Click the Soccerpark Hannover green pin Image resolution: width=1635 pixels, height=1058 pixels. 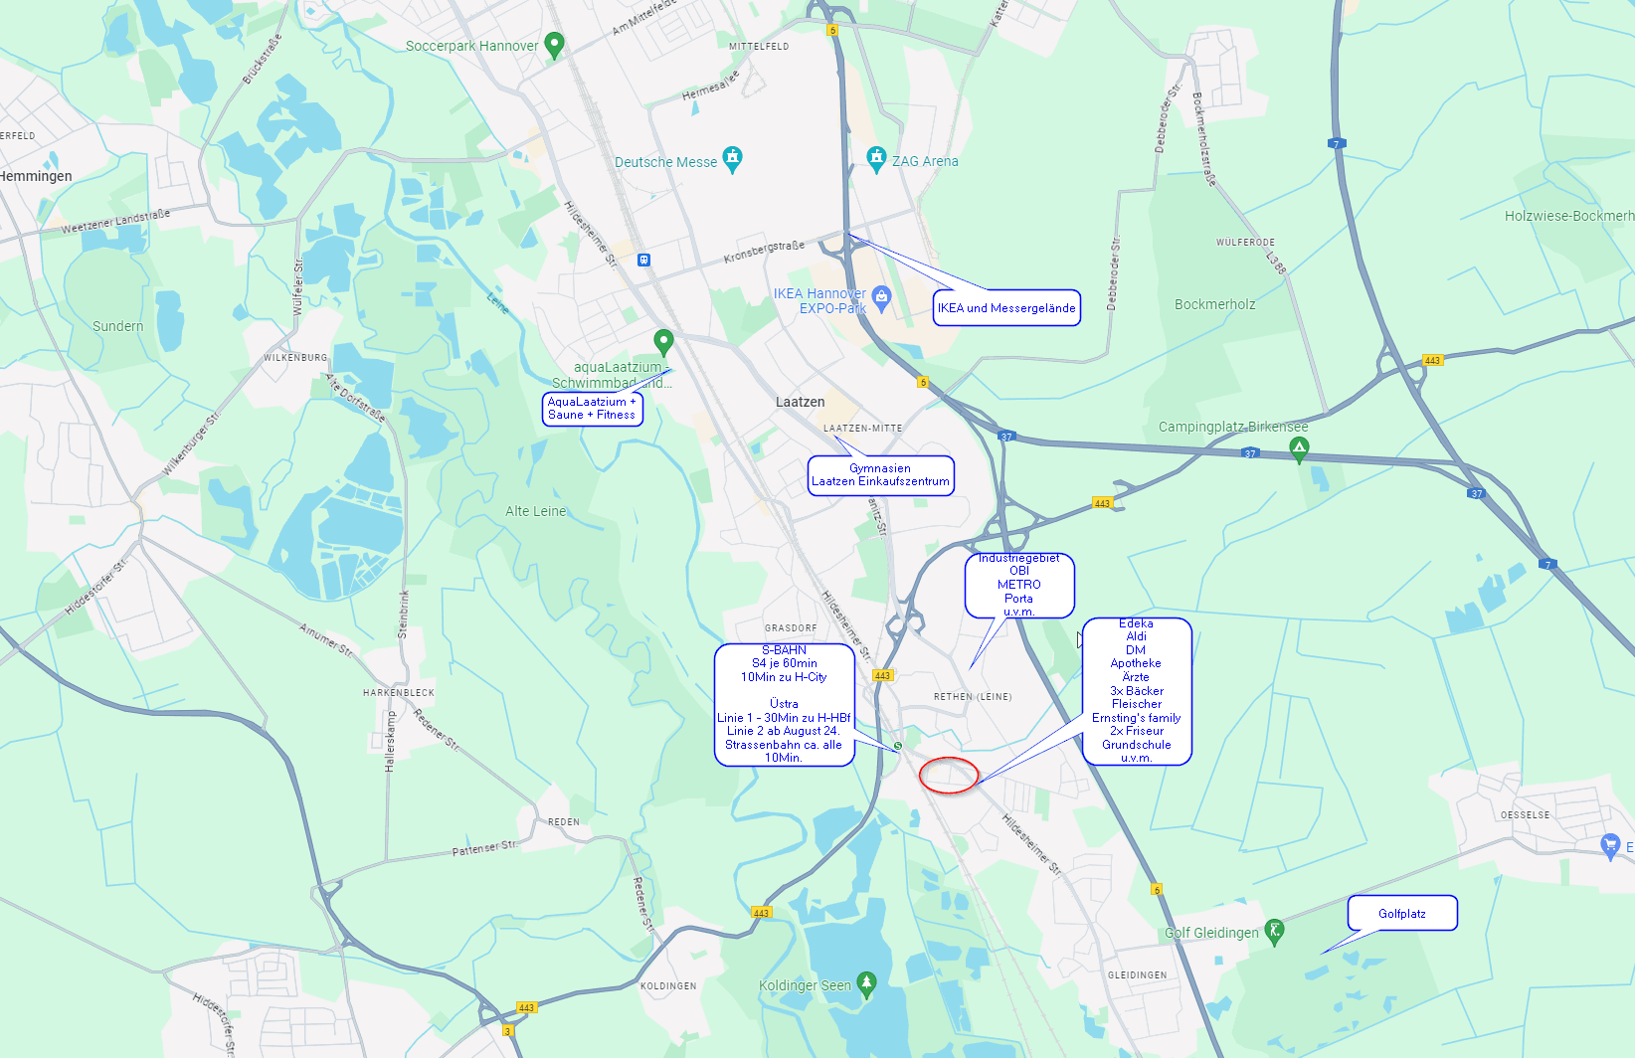click(555, 44)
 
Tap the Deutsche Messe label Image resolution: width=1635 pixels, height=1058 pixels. click(665, 162)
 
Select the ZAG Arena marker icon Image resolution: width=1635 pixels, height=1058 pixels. click(876, 158)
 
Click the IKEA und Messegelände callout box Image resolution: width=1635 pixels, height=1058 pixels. click(1006, 308)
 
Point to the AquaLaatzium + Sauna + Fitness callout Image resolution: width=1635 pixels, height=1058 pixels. click(592, 409)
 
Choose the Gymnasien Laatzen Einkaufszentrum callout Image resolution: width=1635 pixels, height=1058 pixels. click(880, 475)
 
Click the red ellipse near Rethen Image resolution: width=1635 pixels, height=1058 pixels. click(949, 775)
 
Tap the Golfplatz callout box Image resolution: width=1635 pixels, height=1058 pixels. click(1402, 914)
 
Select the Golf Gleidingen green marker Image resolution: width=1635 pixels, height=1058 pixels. click(1274, 931)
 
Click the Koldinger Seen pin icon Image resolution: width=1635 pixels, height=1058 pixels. click(866, 983)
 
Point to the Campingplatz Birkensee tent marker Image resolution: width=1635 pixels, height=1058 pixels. click(1299, 449)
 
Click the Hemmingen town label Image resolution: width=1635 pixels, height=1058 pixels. click(36, 176)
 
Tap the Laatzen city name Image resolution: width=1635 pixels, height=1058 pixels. click(800, 402)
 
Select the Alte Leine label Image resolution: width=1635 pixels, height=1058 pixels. click(535, 511)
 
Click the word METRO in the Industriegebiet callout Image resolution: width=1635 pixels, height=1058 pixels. click(1019, 585)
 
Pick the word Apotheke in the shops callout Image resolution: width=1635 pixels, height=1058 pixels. click(1136, 663)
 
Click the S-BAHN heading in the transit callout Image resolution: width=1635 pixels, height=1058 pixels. click(784, 650)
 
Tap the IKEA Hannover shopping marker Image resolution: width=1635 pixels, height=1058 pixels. click(881, 297)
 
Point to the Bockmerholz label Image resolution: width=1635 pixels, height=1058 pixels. click(1214, 304)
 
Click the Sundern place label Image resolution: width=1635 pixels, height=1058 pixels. click(117, 326)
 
